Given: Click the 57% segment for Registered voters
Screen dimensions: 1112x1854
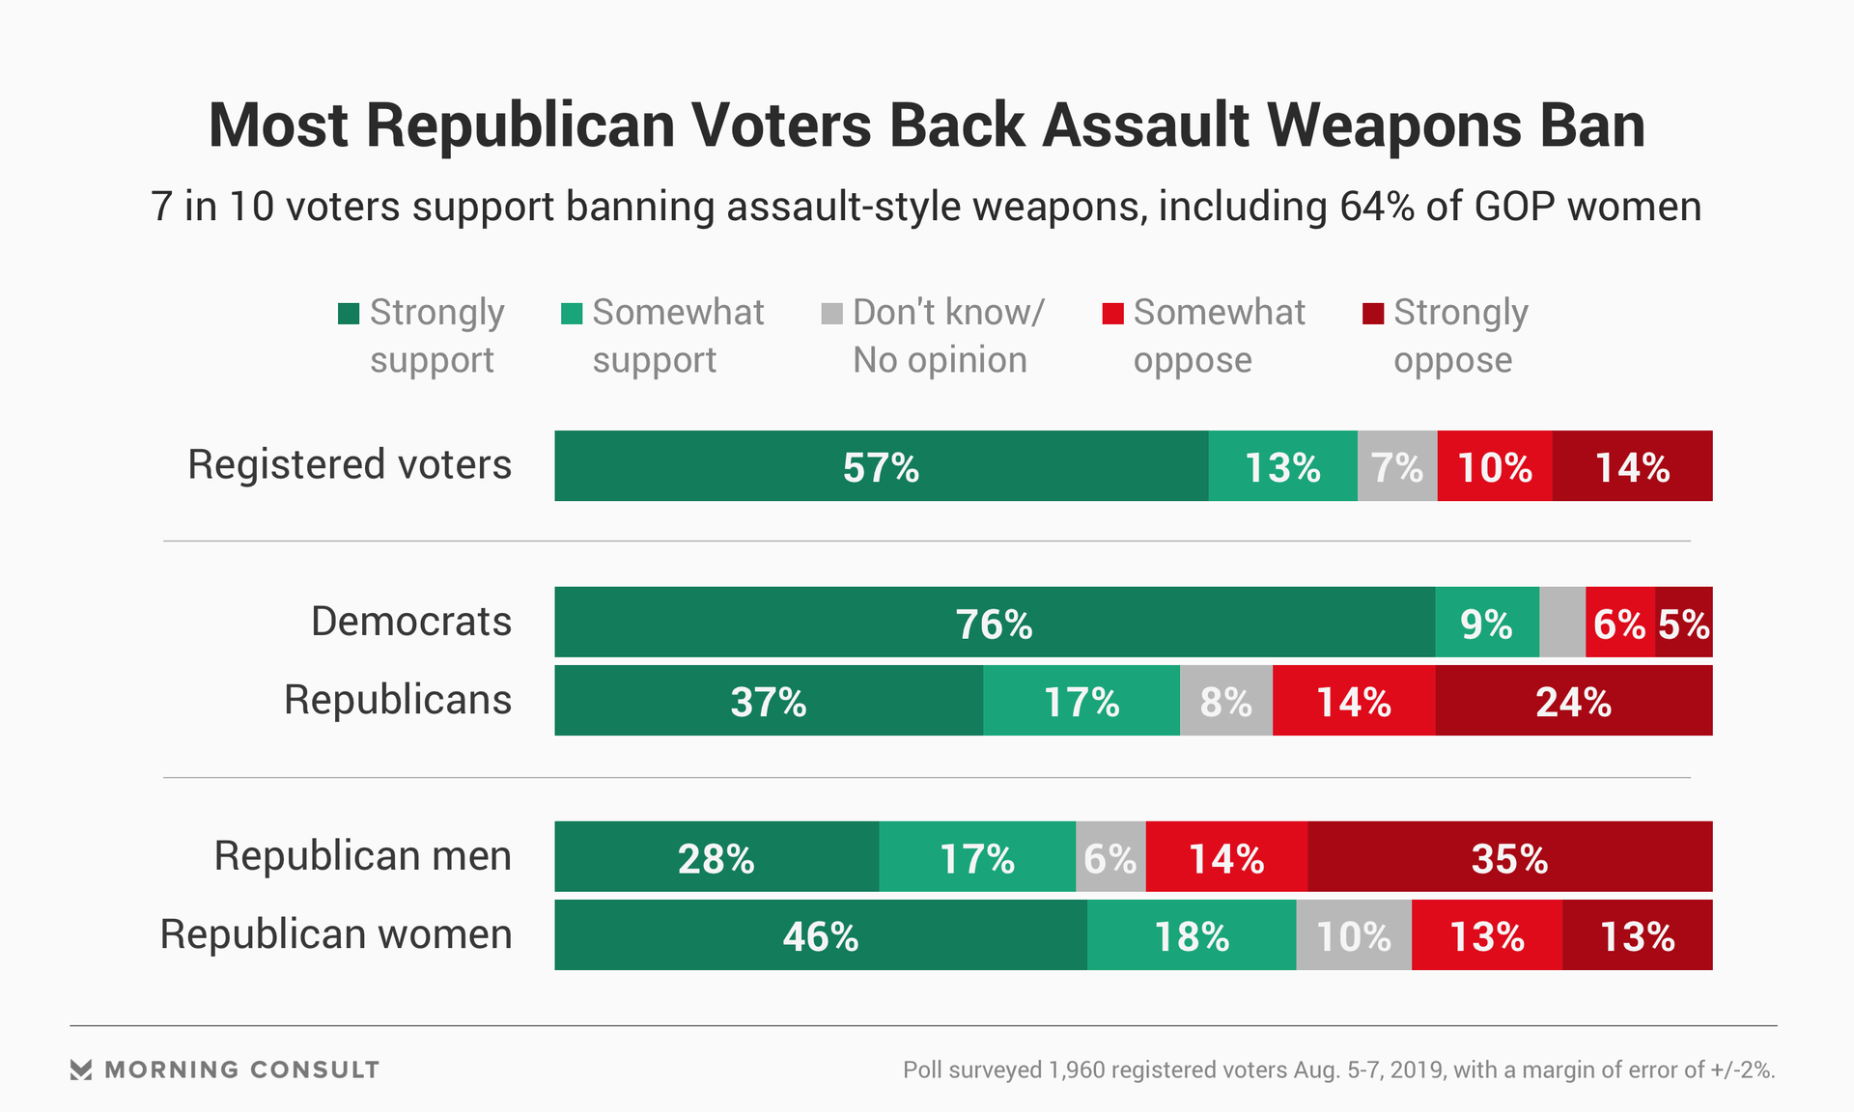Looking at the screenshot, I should point(881,466).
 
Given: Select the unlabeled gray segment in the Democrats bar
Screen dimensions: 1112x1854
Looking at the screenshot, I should point(1561,623).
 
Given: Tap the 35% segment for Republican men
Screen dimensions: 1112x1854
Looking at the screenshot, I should point(1509,857).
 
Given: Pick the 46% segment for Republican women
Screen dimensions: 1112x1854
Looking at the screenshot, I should point(820,935).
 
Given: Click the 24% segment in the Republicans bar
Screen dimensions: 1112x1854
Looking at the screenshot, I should point(1573,701).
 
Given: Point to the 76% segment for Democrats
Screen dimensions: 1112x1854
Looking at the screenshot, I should point(994,623).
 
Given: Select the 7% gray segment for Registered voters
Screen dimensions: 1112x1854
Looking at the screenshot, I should point(1396,466).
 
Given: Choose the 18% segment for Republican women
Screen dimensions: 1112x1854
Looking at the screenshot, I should point(1191,935).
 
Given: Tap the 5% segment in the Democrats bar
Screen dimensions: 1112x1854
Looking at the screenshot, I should point(1684,623).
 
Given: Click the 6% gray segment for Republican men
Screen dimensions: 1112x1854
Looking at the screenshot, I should point(1110,857).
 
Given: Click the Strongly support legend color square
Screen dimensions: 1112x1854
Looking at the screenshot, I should point(349,314).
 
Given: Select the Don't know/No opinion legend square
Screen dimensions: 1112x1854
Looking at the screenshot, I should point(831,314).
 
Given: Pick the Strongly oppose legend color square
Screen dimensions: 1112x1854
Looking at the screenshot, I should point(1372,314).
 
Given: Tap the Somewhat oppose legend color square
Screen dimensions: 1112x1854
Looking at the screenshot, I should point(1112,314).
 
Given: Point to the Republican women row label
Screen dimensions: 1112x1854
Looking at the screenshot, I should point(335,934).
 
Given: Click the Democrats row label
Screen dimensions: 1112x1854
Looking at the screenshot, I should point(410,622).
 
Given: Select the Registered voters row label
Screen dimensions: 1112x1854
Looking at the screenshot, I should point(349,464).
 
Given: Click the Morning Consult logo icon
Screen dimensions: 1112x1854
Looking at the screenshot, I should point(81,1070).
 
